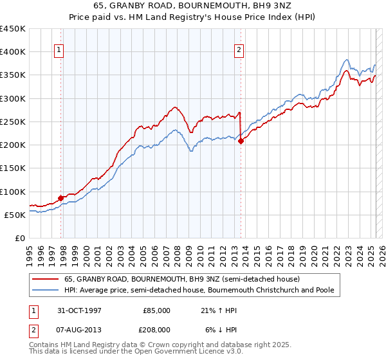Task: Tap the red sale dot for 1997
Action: (61, 198)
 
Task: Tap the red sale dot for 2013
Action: (241, 141)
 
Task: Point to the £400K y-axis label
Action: (13, 52)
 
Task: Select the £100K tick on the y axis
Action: (13, 192)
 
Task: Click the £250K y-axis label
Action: (13, 122)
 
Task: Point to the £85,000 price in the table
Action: (156, 310)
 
